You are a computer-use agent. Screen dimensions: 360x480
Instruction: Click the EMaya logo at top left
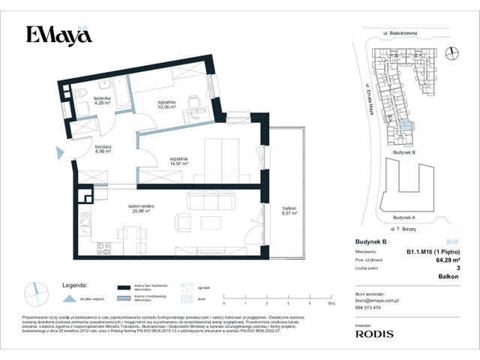click(54, 35)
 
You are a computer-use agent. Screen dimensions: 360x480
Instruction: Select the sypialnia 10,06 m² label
click(166, 104)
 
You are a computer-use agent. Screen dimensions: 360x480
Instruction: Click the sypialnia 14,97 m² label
click(177, 162)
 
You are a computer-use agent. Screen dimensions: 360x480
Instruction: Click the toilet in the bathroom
click(82, 94)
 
